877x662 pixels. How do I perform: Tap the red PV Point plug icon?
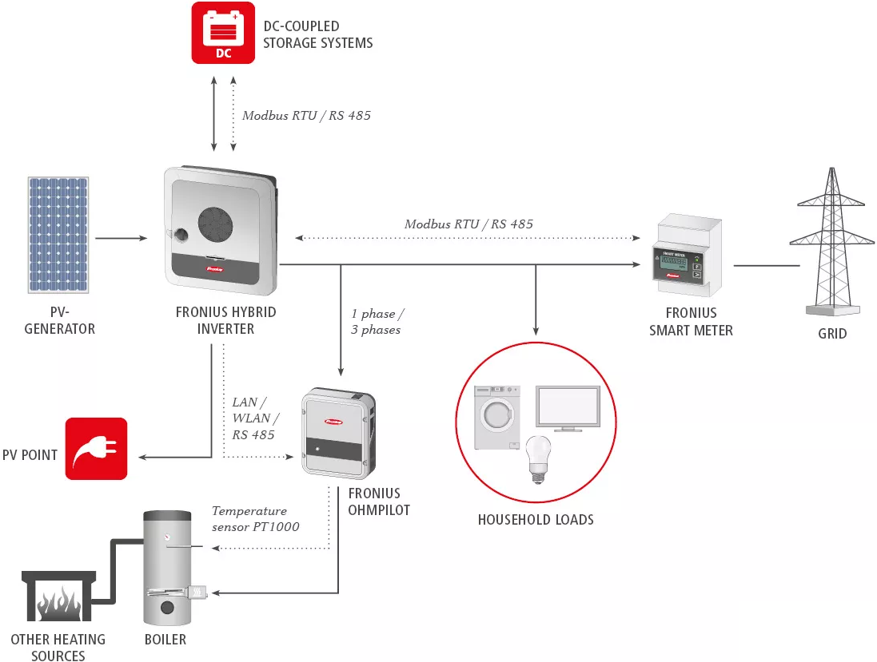point(96,448)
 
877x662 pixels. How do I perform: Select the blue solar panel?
point(59,236)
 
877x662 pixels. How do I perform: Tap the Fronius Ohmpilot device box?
point(337,431)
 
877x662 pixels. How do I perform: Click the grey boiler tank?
point(167,569)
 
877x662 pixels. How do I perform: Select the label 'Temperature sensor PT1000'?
point(255,518)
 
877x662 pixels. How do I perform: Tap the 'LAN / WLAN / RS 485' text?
point(255,418)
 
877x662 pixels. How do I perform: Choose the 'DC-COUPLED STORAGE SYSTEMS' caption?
point(317,34)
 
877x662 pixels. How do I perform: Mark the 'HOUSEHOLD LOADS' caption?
point(536,520)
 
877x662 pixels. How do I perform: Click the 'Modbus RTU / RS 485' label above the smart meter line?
point(468,224)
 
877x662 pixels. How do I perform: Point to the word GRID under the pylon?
point(832,334)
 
